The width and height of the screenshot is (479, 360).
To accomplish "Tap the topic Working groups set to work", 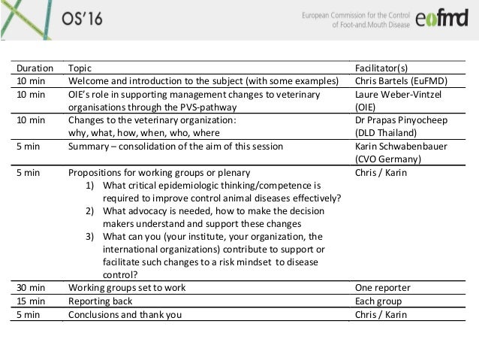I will click(x=127, y=288).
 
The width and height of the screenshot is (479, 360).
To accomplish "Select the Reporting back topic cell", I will click(x=102, y=301).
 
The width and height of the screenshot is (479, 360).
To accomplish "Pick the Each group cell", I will click(x=379, y=301).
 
